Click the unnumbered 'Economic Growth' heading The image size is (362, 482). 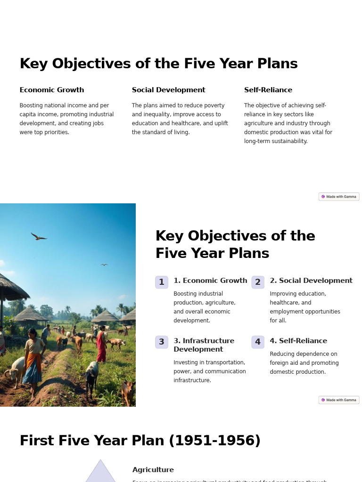coord(52,90)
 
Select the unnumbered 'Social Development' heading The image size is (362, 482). coord(168,90)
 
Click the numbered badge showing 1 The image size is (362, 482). coord(162,282)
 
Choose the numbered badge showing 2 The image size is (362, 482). coord(258,282)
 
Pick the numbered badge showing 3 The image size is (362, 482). coord(162,342)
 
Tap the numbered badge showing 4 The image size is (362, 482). coord(258,342)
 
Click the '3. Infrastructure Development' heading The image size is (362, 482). coord(204,345)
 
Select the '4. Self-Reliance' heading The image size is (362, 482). coord(298,341)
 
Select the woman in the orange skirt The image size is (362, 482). coord(33,362)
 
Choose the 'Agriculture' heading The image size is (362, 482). coord(153,470)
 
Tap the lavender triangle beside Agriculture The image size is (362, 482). coord(100,473)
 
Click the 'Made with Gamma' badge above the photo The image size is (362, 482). coord(339,197)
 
